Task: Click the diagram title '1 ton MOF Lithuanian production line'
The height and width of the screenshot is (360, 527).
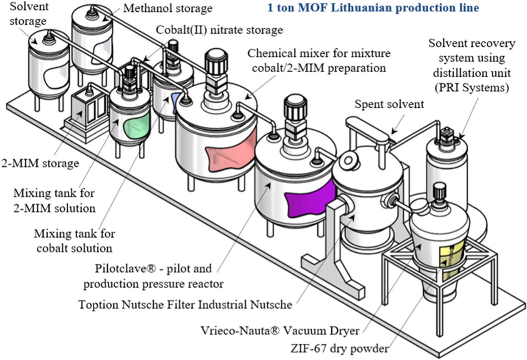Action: pyautogui.click(x=373, y=8)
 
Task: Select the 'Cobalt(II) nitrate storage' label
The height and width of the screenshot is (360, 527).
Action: pyautogui.click(x=220, y=30)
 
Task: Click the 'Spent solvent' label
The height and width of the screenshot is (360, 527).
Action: pyautogui.click(x=389, y=104)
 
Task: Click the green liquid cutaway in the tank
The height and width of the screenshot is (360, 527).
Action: pyautogui.click(x=135, y=127)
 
